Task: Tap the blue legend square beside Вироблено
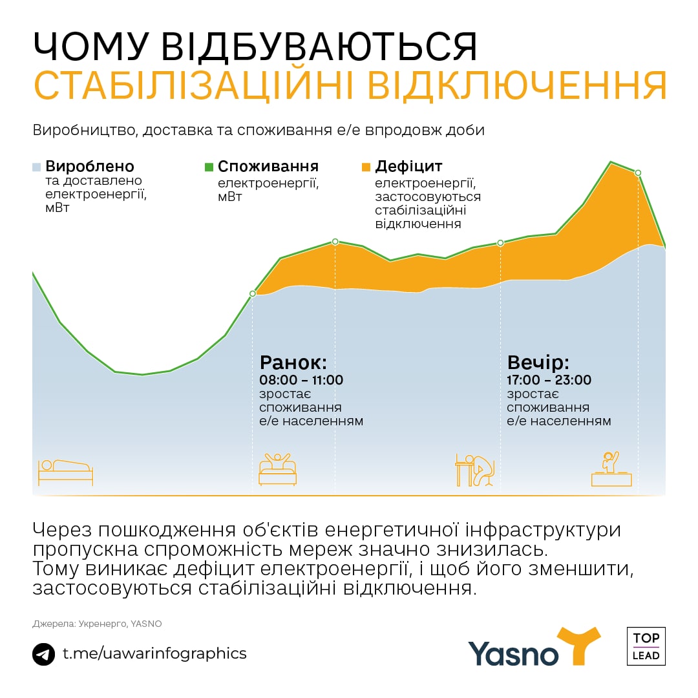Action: [x=37, y=167]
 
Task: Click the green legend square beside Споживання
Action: [x=209, y=167]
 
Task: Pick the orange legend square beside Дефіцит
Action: [x=366, y=167]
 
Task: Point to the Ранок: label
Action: [x=293, y=361]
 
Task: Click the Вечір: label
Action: [x=538, y=361]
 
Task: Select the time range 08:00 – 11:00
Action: [x=301, y=380]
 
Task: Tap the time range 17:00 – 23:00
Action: [x=549, y=380]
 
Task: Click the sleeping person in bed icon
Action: [x=65, y=472]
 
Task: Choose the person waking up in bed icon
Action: [x=277, y=469]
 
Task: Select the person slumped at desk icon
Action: [x=475, y=470]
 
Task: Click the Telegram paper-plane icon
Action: [x=43, y=654]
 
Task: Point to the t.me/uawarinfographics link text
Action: [x=154, y=653]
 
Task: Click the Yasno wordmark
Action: [x=513, y=653]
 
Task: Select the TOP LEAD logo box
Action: [x=646, y=646]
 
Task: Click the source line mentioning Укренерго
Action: [x=97, y=624]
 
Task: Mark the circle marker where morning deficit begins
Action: [x=253, y=293]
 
